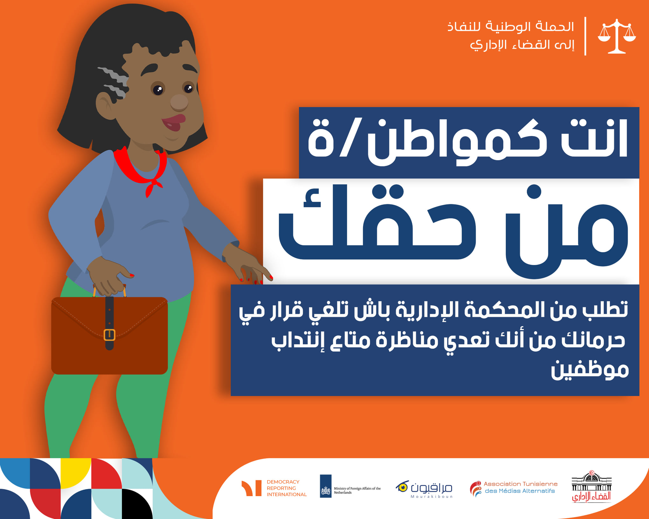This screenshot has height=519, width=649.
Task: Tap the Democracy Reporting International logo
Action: click(x=274, y=488)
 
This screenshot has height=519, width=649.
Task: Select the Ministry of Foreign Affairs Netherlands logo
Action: click(x=350, y=486)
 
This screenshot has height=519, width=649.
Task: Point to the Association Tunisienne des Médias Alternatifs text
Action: click(x=520, y=487)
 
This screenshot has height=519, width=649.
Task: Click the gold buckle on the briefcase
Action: click(x=109, y=335)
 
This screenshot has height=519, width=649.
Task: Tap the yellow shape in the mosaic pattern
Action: click(x=76, y=473)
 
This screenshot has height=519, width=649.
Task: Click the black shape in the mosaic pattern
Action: click(x=137, y=504)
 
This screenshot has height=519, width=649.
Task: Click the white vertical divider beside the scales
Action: click(x=585, y=36)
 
